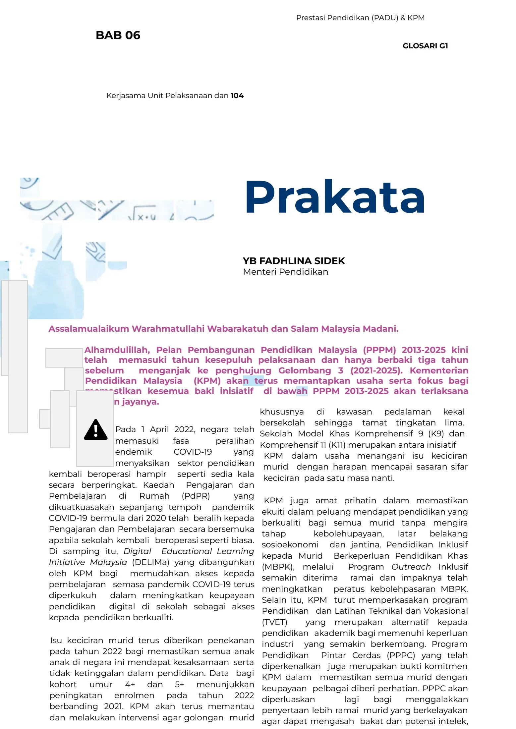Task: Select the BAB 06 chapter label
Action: (x=118, y=35)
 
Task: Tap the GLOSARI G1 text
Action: (x=425, y=46)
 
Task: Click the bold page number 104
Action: (x=237, y=96)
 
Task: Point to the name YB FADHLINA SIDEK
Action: (x=294, y=261)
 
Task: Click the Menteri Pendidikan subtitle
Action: (x=285, y=272)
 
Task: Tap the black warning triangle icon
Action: (x=96, y=430)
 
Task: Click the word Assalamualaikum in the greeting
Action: (x=89, y=329)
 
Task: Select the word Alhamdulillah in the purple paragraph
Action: (x=117, y=350)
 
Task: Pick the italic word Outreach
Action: (x=411, y=567)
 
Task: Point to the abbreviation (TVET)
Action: (x=275, y=622)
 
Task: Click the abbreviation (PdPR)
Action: (x=196, y=496)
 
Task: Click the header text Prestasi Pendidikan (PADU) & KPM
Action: (x=360, y=18)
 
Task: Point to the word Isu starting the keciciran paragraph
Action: (x=56, y=640)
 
